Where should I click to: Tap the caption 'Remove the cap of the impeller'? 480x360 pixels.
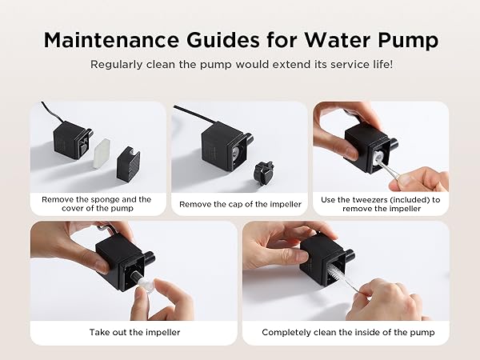(240, 204)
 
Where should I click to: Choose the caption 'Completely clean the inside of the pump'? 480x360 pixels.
(348, 332)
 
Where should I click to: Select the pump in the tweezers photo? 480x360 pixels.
(370, 144)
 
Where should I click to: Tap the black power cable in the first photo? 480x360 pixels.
(44, 113)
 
